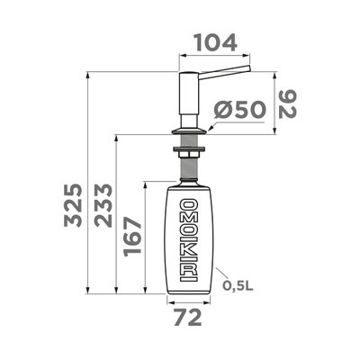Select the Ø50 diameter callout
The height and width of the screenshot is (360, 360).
239,110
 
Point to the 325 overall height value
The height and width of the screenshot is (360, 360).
73,208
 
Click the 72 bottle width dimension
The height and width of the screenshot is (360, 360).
187,317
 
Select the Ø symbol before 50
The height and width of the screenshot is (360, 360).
222,110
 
